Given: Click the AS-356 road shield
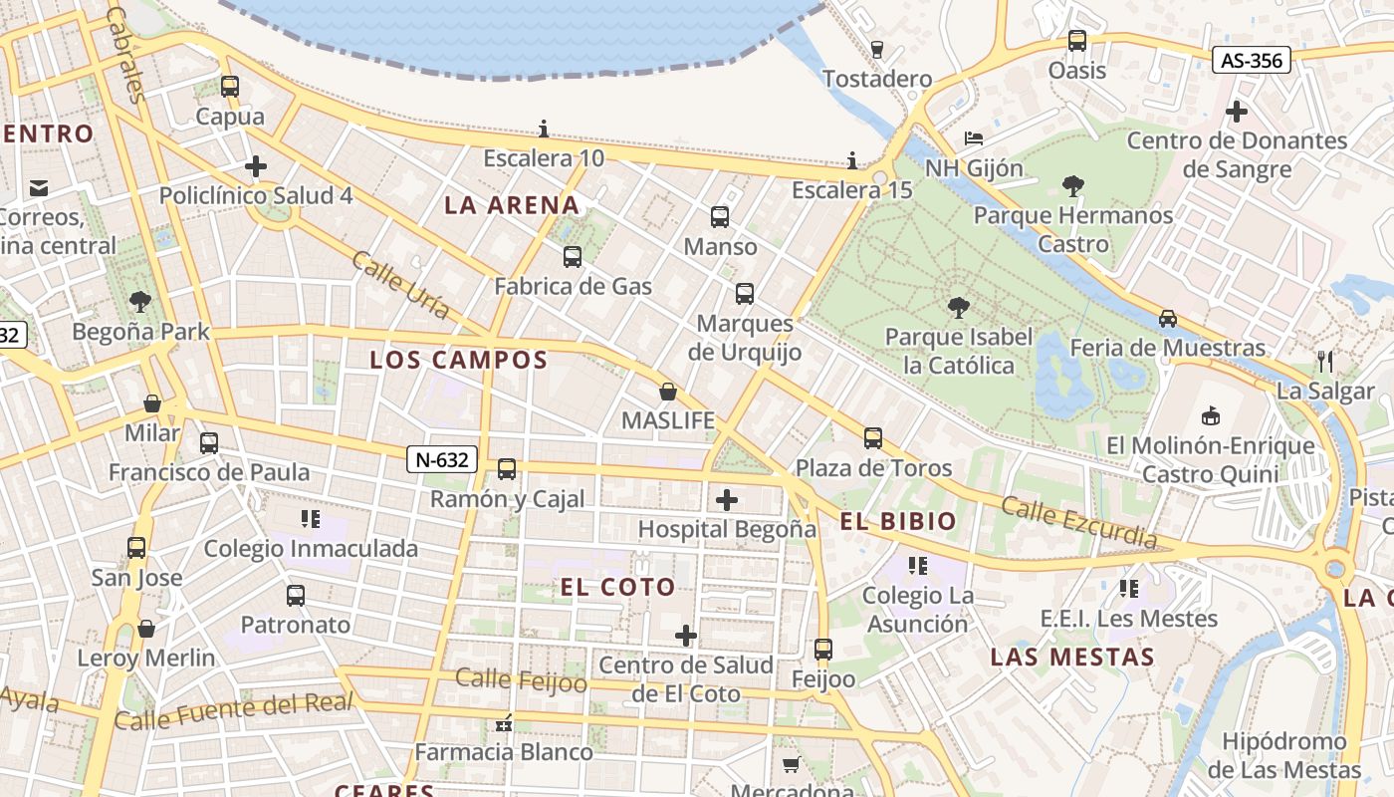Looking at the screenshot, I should pos(1252,61).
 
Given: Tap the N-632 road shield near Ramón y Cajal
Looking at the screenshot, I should pos(442,459).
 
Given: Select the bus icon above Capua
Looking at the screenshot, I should pos(230,87).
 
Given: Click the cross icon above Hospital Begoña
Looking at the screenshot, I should pos(727,499).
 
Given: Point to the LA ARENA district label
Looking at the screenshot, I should pos(512,206).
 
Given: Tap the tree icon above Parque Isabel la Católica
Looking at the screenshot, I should pos(958,307).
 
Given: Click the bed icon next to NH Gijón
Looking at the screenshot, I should pos(974,137).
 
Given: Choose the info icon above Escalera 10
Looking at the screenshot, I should pos(544,129).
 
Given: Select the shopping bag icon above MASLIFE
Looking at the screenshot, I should pos(668,392).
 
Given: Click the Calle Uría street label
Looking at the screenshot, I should pos(400,286).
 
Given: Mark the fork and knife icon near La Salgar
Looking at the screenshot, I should pos(1324,361).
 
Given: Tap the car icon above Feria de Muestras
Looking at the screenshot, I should pos(1167,319).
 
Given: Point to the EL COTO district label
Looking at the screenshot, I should pos(617,587).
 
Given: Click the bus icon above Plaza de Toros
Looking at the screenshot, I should pos(873,438).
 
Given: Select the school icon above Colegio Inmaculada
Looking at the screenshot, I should pos(310,519).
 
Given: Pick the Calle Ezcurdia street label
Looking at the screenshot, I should pos(1079,523).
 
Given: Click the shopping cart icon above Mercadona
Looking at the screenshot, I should pos(792,764).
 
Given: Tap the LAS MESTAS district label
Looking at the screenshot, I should pos(1072,658).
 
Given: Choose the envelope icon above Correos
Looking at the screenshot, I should pos(39,187).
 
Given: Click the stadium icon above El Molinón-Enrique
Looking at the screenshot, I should pos(1211,415).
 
